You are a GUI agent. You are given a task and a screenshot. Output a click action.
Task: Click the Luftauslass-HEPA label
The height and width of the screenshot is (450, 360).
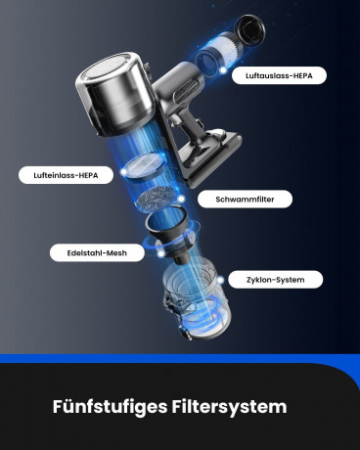point(279,75)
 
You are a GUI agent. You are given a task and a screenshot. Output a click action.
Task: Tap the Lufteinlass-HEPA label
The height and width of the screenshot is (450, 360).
point(66,175)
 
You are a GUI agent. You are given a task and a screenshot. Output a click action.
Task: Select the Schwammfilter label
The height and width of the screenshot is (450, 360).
point(245,199)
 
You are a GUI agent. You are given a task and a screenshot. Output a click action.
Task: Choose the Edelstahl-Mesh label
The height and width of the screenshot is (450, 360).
point(97,252)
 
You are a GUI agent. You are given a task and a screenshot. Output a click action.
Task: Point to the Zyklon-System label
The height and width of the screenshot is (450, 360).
point(276,280)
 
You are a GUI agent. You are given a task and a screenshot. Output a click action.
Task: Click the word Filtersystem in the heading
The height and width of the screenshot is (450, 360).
point(229,407)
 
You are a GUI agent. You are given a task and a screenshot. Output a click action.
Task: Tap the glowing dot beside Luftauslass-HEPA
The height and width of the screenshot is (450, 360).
point(223,69)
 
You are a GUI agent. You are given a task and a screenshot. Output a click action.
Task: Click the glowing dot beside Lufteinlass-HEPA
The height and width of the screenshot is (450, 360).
point(123,172)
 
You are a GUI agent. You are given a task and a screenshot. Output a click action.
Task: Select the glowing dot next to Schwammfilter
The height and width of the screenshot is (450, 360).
point(181,199)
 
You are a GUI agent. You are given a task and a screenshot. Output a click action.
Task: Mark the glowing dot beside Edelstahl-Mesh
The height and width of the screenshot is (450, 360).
point(160,253)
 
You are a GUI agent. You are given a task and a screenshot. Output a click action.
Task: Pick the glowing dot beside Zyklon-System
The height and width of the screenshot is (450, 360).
point(220,280)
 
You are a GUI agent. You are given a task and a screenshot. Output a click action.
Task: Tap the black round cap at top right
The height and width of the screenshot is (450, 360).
point(249,30)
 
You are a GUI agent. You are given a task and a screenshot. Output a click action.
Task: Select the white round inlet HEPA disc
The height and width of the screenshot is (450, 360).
point(146,166)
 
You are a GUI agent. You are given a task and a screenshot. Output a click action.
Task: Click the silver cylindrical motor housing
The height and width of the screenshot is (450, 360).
point(114,95)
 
